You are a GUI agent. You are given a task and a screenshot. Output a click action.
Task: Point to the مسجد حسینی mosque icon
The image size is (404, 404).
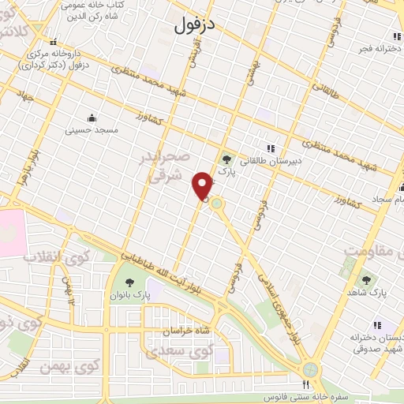pos(92,118)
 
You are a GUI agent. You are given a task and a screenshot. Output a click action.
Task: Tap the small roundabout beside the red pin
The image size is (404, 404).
pos(215,204)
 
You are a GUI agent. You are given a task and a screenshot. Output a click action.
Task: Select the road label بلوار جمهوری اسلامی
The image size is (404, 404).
pos(272,300)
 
